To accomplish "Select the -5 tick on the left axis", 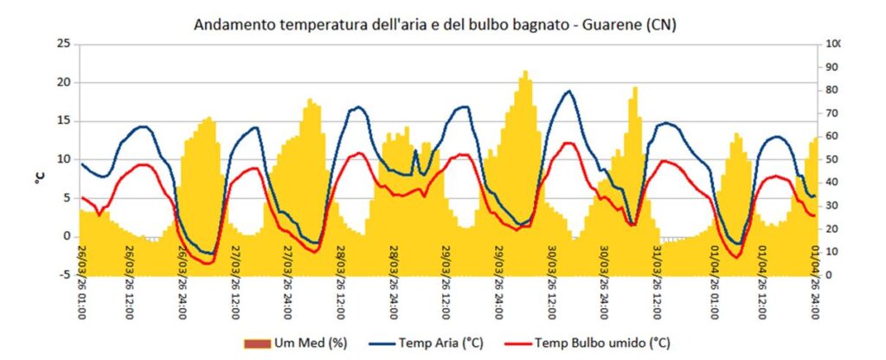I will click(x=64, y=275).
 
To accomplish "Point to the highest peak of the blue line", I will click(x=568, y=91).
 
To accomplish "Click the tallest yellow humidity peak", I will click(x=525, y=73).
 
